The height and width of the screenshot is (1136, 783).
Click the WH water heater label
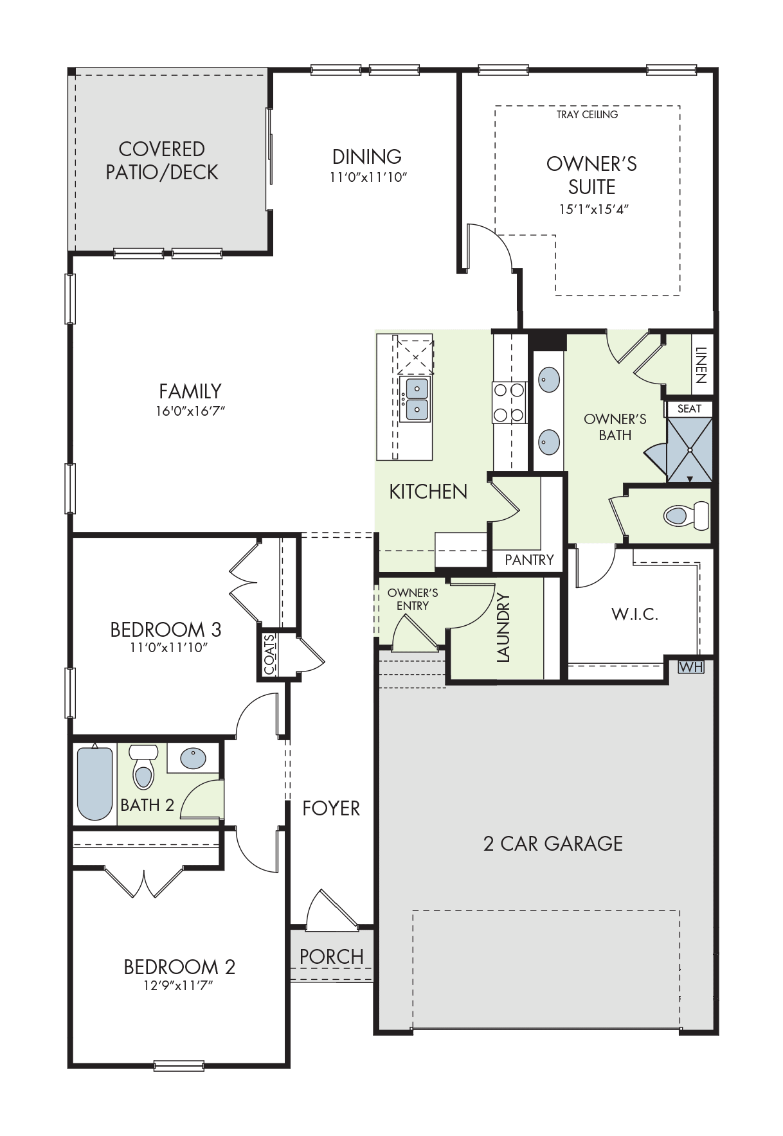pos(691,667)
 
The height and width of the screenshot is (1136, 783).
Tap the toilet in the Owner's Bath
pos(686,515)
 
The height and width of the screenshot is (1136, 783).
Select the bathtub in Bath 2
pos(94,783)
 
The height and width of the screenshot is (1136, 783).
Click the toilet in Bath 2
pos(143,766)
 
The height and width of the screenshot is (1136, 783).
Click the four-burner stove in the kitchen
pos(509,403)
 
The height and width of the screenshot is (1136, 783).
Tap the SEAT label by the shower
pos(689,409)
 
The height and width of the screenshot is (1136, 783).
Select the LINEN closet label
pos(701,365)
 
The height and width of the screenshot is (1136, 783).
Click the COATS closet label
pos(269,654)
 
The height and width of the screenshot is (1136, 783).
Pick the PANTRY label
pos(529,560)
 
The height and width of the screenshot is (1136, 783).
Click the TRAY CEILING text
pos(588,114)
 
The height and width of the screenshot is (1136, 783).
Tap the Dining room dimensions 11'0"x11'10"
pos(368,177)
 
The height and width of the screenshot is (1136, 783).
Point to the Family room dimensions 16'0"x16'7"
pos(190,411)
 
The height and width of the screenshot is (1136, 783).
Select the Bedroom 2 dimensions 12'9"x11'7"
pos(178,986)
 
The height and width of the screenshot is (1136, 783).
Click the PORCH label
pos(332,957)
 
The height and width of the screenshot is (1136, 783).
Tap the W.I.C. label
pos(635,614)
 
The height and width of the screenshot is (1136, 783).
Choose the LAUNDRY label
pos(503,627)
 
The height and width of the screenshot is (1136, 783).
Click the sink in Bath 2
pos(193,758)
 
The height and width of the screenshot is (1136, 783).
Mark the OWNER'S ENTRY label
pos(413,599)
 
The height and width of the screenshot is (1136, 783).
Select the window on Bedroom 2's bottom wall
pos(179,1066)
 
